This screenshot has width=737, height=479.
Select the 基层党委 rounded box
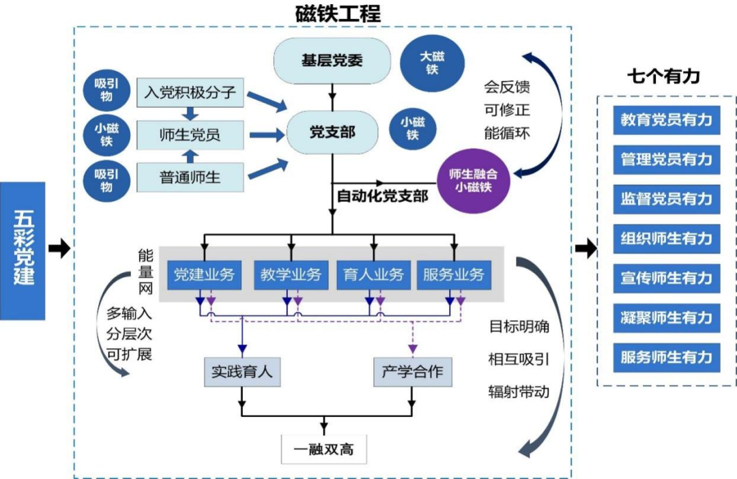pos(332,61)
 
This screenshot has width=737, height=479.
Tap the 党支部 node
pos(332,132)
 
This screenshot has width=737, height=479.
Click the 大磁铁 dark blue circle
pos(431,62)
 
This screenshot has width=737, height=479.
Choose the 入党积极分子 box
pos(190,91)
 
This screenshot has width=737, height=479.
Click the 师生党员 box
pos(190,134)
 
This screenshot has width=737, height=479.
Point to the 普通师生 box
pos(190,177)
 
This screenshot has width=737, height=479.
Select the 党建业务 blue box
pos(204,274)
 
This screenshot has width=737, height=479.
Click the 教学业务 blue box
pos(291,274)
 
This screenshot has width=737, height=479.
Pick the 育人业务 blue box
pos(373,274)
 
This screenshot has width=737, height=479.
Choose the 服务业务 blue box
pos(453,274)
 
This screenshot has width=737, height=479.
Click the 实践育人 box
pos(242,372)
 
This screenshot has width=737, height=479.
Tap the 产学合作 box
pos(411,372)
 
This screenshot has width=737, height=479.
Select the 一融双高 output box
pos(323,450)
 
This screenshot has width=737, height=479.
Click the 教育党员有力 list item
pos(666,120)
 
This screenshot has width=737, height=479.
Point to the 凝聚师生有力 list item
pos(666,317)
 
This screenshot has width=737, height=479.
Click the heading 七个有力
pos(663,76)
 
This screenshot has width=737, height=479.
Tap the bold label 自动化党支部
pos(382,197)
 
